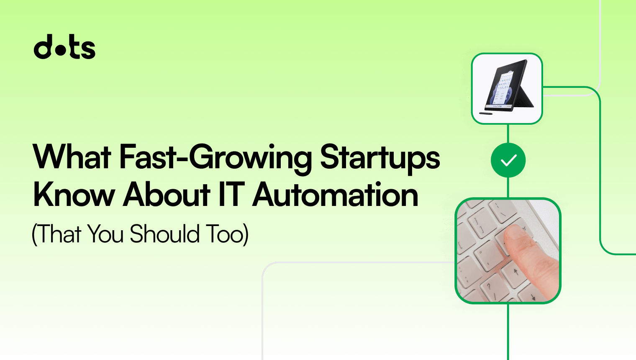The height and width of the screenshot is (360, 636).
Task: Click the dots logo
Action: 64,47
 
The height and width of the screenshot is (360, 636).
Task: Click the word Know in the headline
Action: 74,195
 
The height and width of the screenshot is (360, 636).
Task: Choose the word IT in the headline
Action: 231,195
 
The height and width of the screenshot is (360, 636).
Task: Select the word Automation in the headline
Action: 335,195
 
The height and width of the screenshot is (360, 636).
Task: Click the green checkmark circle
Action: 508,160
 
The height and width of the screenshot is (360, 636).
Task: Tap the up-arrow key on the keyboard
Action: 516,273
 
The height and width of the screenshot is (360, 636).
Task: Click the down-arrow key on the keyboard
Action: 533,297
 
